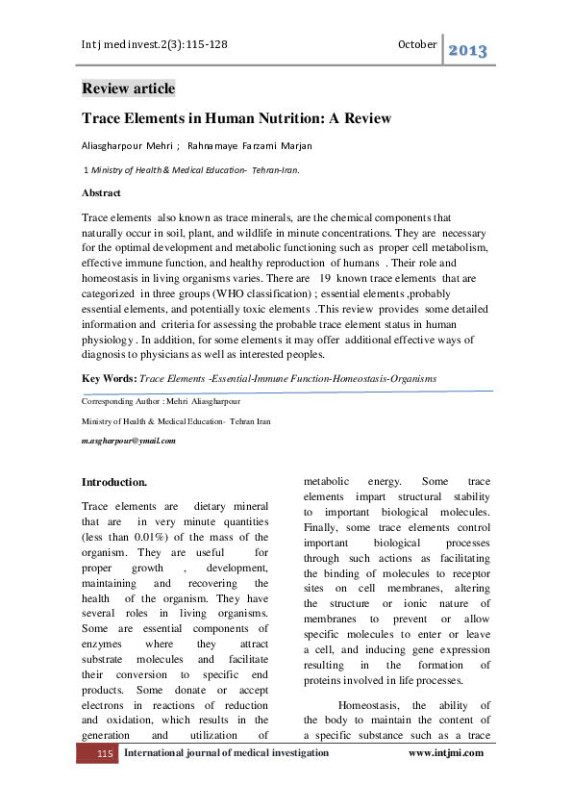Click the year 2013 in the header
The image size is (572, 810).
click(468, 50)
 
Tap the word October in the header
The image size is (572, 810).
click(417, 44)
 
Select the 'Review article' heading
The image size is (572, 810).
click(129, 89)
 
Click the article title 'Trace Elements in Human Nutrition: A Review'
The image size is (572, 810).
click(236, 119)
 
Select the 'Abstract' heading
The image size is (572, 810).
click(102, 192)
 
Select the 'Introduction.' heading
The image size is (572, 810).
click(114, 481)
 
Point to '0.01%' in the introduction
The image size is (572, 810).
click(146, 537)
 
